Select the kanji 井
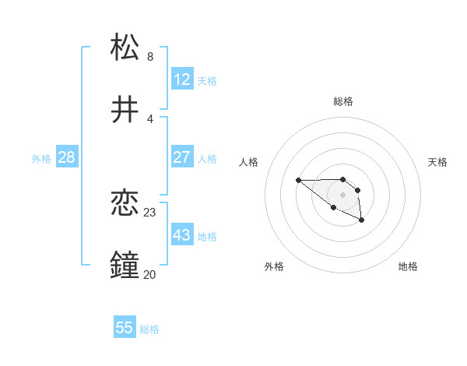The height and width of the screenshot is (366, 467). pyautogui.click(x=126, y=110)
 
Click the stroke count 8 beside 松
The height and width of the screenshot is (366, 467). pyautogui.click(x=150, y=57)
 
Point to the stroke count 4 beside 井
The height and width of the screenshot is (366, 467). pyautogui.click(x=150, y=119)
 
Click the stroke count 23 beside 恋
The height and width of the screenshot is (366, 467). pyautogui.click(x=150, y=212)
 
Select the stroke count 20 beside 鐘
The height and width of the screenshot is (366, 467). pyautogui.click(x=150, y=274)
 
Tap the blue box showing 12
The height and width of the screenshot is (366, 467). pyautogui.click(x=182, y=79)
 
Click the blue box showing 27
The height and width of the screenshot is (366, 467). pyautogui.click(x=182, y=157)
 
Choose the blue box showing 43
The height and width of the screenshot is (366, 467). pyautogui.click(x=182, y=235)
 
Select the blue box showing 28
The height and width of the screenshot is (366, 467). pyautogui.click(x=67, y=157)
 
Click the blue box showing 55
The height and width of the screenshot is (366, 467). pyautogui.click(x=125, y=328)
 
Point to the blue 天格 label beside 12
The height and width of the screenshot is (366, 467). pyautogui.click(x=207, y=81)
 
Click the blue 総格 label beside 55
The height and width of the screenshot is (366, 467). pyautogui.click(x=149, y=329)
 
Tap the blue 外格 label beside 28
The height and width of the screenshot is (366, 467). pyautogui.click(x=41, y=159)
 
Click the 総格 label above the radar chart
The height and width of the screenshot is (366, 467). pyautogui.click(x=343, y=101)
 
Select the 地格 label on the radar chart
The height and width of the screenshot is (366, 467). pyautogui.click(x=408, y=267)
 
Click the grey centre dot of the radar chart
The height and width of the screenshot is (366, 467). pyautogui.click(x=343, y=195)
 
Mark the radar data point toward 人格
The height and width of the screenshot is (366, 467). pyautogui.click(x=299, y=181)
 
